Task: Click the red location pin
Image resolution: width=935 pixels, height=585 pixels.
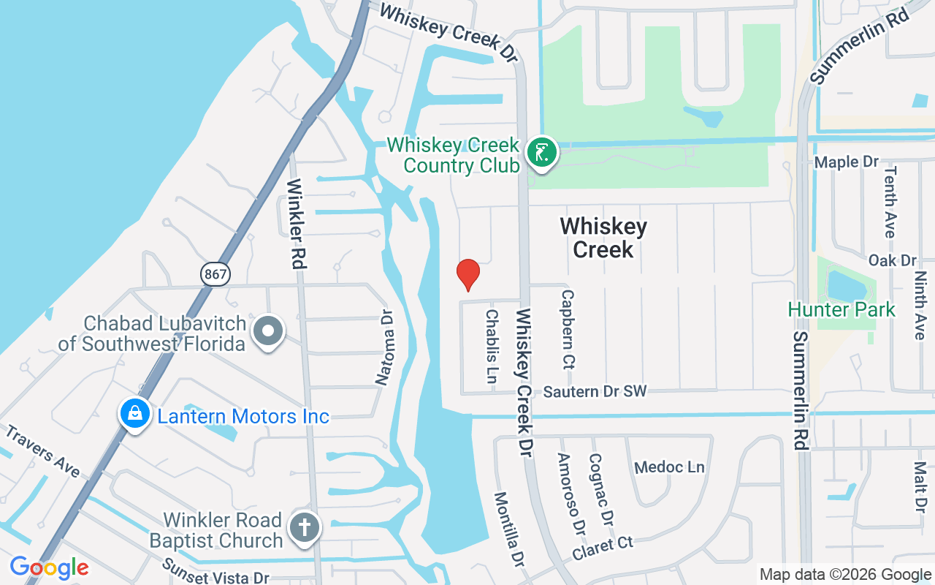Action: (467, 274)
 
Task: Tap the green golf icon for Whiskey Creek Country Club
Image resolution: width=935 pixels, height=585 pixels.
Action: (541, 154)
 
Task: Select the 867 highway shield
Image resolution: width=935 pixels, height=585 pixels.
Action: (215, 274)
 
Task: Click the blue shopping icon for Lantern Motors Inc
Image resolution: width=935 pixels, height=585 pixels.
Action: (135, 414)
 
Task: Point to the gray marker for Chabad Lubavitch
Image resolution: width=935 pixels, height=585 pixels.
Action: (268, 332)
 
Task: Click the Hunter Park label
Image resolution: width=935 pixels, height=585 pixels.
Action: (841, 309)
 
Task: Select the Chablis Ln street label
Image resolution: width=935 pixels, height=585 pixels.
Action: (492, 346)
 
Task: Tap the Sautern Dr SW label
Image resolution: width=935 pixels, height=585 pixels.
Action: (595, 392)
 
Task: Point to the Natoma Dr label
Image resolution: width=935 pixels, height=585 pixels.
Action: (385, 347)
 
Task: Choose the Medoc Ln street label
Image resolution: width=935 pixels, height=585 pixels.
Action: (669, 467)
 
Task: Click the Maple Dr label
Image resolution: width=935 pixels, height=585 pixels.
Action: (846, 162)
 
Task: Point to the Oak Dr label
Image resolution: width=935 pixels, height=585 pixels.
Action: (892, 260)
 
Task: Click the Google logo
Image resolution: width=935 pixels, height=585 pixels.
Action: (49, 567)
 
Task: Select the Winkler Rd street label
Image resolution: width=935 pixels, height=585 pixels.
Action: (296, 223)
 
